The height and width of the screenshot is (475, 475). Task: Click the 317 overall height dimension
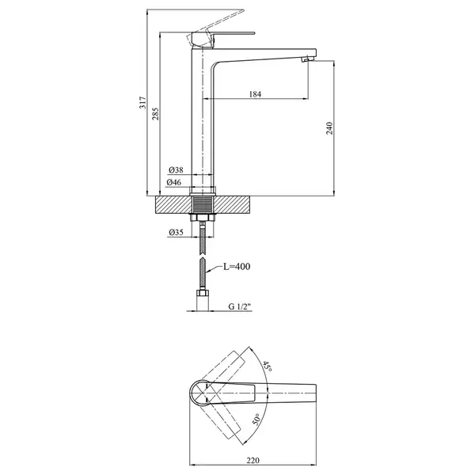142,103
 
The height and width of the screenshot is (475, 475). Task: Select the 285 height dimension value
155,113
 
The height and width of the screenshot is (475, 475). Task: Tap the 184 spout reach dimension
255,94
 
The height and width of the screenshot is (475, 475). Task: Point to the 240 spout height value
329,128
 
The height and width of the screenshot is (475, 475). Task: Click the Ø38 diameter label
176,170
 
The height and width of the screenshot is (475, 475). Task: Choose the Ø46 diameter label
174,182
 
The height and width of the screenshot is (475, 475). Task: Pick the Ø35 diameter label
176,232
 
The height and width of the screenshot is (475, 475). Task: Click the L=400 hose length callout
237,267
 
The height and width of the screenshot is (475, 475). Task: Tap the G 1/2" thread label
240,306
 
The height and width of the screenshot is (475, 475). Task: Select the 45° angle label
267,367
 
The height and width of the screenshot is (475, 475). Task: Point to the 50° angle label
256,420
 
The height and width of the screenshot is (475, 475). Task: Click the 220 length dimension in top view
253,461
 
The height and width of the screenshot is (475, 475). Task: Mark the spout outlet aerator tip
306,60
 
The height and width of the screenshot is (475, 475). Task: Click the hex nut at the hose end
203,293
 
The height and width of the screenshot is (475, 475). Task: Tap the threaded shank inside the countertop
203,205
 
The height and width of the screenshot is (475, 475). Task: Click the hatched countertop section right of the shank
232,205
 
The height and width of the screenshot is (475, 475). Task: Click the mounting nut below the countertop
203,217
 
